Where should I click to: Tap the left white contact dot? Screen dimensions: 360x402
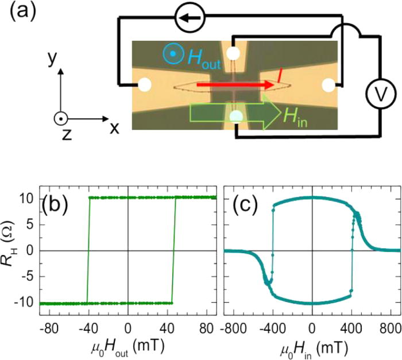145,86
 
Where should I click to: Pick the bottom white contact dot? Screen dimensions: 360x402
235,117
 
